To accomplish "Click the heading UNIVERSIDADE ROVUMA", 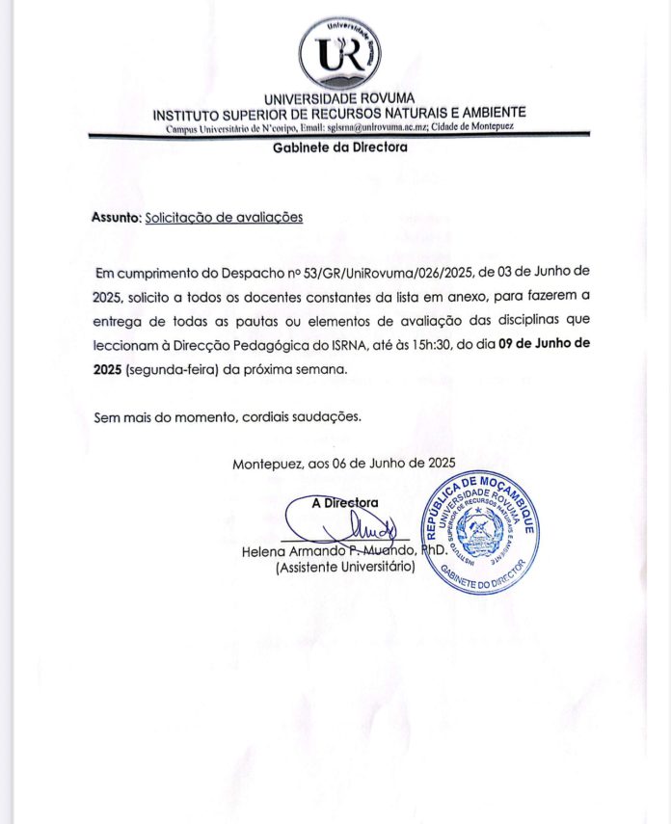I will tap(339, 98).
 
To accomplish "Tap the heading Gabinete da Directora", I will tap(339, 147).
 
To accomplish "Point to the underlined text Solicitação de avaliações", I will tap(224, 218).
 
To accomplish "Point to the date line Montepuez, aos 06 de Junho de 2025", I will tap(343, 464).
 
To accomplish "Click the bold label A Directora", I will tap(345, 502).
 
